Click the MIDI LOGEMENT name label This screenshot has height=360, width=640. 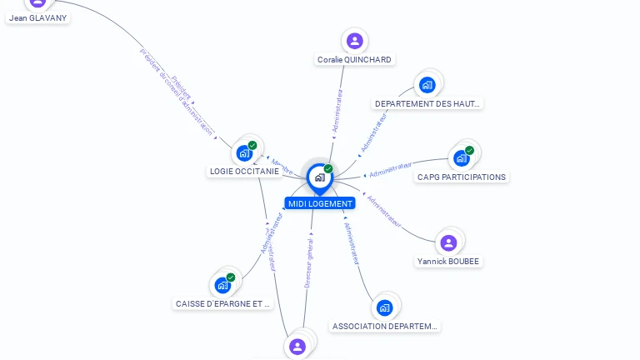click(320, 203)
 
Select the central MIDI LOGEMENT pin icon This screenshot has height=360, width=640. click(319, 177)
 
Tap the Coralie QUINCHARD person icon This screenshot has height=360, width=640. click(355, 41)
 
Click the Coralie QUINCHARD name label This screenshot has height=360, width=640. click(355, 60)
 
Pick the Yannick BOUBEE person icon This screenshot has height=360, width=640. click(448, 242)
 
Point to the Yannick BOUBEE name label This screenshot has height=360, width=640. click(449, 262)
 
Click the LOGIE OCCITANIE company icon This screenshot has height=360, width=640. click(244, 152)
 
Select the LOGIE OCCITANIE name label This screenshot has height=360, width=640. click(244, 171)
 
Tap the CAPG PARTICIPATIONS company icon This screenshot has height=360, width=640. click(461, 157)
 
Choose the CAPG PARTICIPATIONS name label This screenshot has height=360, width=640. click(461, 177)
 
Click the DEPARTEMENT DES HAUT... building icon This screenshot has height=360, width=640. click(427, 84)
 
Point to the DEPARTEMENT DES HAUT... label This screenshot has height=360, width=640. click(427, 104)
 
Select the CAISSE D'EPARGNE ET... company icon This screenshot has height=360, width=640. click(222, 285)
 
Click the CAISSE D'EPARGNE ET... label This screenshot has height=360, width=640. click(223, 304)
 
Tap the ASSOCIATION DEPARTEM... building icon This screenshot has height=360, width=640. click(384, 307)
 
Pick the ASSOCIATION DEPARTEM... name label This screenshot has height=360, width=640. click(384, 327)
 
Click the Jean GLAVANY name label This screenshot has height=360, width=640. click(38, 17)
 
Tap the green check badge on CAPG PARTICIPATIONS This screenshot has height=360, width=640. click(470, 150)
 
